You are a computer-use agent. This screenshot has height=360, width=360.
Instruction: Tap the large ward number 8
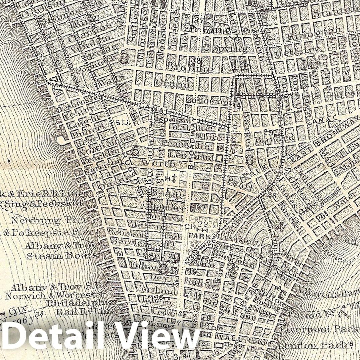(x=124, y=59)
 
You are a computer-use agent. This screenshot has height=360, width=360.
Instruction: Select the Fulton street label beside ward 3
(x=147, y=267)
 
